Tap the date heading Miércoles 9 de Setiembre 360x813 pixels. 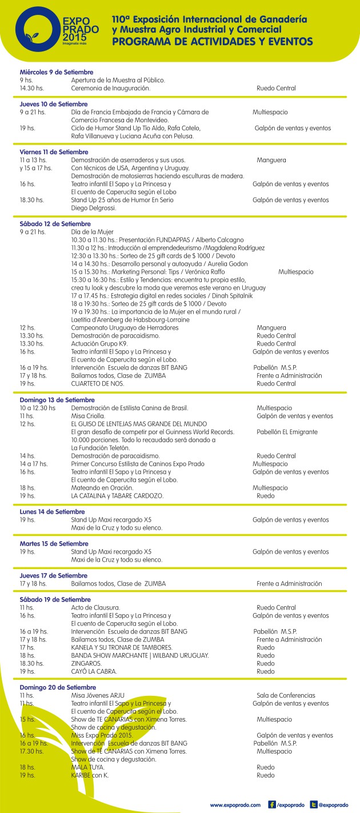coord(56,72)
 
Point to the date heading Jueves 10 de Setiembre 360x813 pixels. coord(54,104)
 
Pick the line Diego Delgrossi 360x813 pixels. coord(93,208)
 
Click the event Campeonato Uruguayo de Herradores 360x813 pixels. coord(125,328)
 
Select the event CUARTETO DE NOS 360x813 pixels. coord(97,384)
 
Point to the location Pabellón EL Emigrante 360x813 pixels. coord(287,432)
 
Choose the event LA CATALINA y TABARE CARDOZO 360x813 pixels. coord(117,496)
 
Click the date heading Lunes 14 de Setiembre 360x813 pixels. coord(52,512)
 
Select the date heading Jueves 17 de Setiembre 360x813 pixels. coord(54,575)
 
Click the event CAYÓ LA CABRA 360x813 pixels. coord(94,671)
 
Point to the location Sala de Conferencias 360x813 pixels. coord(286,695)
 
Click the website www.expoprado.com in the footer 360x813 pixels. coord(235,804)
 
